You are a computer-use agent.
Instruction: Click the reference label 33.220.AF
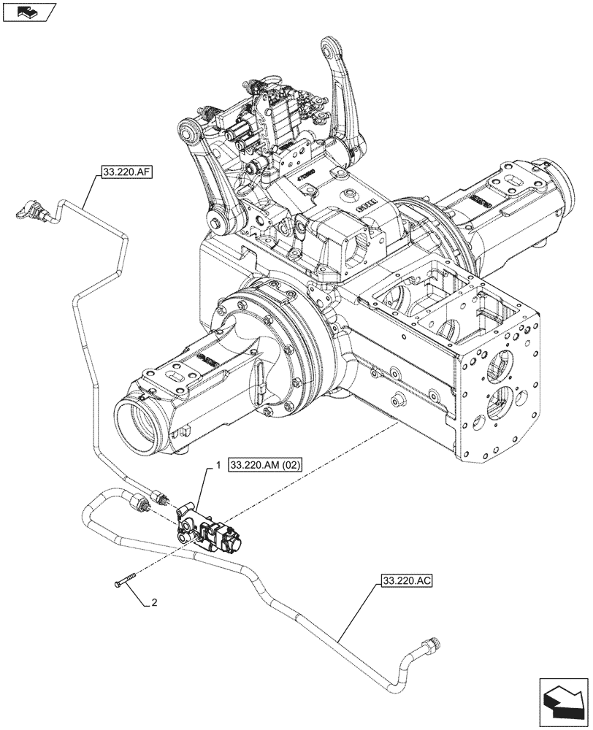[116, 173]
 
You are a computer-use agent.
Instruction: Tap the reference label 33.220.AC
[407, 582]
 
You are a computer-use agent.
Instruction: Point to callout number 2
[154, 603]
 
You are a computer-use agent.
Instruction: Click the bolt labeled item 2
[125, 583]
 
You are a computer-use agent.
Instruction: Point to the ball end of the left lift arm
[192, 131]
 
